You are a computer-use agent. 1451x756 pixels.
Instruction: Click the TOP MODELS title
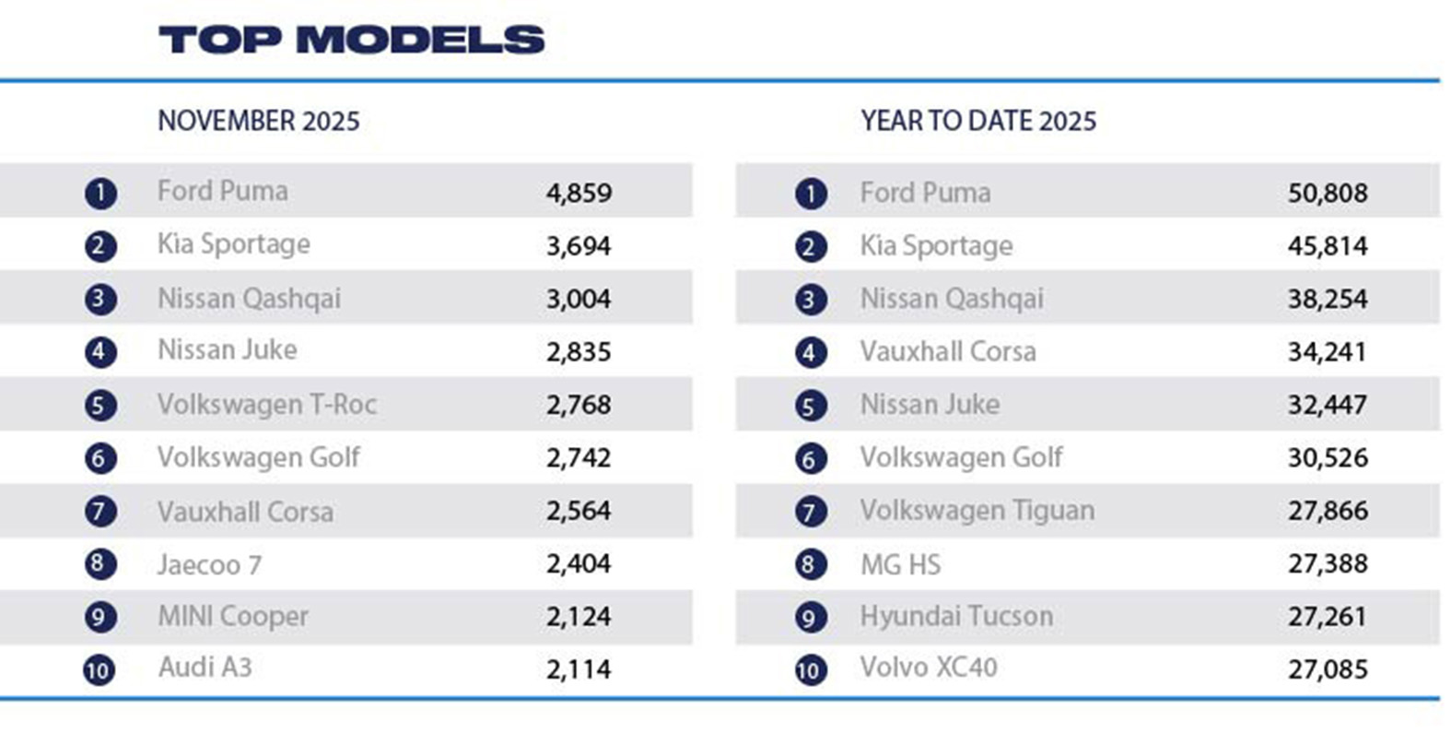[x=351, y=40]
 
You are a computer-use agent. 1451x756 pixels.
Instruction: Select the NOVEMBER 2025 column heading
[x=258, y=121]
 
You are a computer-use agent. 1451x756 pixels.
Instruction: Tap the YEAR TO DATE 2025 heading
[x=978, y=121]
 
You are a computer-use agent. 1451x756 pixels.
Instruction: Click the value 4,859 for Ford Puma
[x=579, y=193]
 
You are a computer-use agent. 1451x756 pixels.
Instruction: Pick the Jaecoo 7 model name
[x=209, y=564]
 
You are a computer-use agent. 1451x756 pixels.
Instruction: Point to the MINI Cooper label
[x=232, y=616]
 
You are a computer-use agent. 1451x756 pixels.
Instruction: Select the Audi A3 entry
[x=205, y=667]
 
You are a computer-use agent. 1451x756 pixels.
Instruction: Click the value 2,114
[x=579, y=669]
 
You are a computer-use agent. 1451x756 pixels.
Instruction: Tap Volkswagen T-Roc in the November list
[x=266, y=404]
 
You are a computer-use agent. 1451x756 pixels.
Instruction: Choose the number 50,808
[x=1328, y=193]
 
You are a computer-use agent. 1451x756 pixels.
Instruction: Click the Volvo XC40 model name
[x=929, y=667]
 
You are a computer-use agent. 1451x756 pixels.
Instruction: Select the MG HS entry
[x=900, y=564]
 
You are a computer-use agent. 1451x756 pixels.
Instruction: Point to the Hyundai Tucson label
[x=956, y=616]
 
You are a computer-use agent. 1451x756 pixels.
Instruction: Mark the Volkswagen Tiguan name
[x=977, y=510]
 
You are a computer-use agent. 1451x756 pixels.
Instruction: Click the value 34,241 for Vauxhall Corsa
[x=1327, y=351]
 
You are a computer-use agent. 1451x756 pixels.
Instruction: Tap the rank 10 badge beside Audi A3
[x=99, y=669]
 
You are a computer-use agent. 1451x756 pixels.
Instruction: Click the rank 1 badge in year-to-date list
[x=811, y=194]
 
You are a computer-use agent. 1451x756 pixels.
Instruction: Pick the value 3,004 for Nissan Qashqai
[x=579, y=299]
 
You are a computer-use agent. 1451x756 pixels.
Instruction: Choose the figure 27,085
[x=1328, y=669]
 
